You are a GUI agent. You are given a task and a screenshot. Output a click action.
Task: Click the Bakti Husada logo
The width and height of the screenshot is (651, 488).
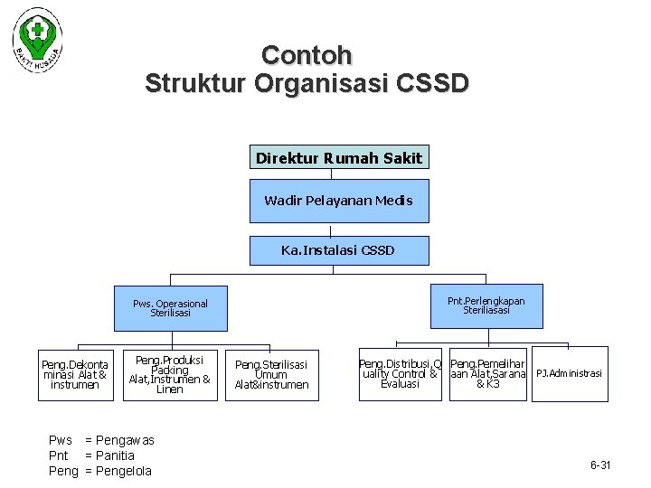[38, 41]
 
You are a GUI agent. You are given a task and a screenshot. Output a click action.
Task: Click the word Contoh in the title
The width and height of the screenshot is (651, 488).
[307, 55]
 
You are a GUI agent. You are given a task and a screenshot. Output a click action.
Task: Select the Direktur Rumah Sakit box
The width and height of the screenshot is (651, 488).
[338, 158]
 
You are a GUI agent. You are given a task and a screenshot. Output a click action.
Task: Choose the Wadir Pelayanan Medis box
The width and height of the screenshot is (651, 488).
[338, 201]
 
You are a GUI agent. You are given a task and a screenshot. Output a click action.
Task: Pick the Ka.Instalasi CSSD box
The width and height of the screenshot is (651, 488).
[338, 249]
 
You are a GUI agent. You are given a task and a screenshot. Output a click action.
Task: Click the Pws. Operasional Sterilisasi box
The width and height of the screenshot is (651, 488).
[170, 308]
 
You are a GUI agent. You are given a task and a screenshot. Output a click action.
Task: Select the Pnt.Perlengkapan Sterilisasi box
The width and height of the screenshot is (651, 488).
[486, 305]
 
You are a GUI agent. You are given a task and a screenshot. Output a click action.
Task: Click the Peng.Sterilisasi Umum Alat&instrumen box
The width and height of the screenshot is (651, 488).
[271, 374]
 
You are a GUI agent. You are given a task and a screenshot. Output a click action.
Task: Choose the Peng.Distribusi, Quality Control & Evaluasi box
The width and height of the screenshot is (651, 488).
[401, 373]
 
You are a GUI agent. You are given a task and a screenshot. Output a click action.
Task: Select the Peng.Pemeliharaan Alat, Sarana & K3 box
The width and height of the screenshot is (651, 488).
[488, 373]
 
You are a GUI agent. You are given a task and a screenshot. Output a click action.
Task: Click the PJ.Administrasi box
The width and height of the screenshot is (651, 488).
[569, 373]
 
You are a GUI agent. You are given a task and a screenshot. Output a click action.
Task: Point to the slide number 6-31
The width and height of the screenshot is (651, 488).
[600, 465]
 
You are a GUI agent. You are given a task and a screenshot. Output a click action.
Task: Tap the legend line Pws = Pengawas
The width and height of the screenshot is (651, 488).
[101, 440]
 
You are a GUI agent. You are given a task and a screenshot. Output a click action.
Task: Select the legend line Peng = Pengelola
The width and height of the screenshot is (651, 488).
[100, 471]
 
